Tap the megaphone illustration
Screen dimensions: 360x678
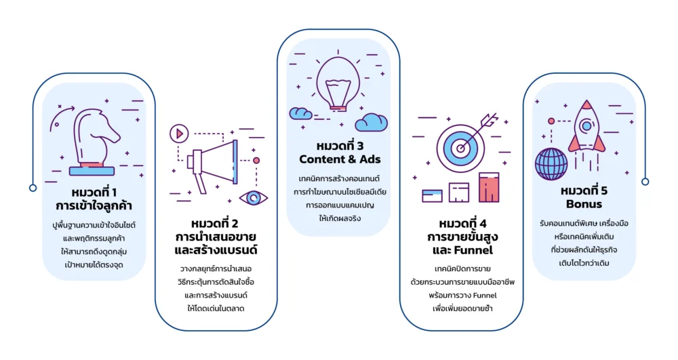(214, 160)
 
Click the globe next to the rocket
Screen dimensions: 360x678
(551, 163)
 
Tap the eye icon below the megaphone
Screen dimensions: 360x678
(254, 198)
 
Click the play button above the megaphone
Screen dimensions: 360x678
(179, 133)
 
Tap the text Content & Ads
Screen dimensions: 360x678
(340, 160)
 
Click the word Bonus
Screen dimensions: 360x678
(584, 204)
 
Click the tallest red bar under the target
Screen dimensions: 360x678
(488, 188)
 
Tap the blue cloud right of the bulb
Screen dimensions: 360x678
(372, 122)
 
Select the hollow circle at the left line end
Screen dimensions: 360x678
(33, 188)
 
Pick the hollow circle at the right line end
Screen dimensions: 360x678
(645, 181)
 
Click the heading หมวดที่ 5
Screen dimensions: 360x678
(584, 190)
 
